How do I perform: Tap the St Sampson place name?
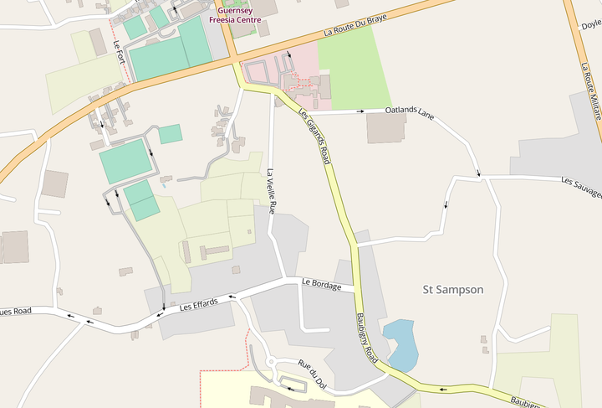pyautogui.click(x=452, y=290)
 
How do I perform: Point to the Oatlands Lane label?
pyautogui.click(x=411, y=111)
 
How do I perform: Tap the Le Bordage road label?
pyautogui.click(x=321, y=285)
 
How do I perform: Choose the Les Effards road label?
pyautogui.click(x=199, y=303)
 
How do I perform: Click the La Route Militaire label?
pyautogui.click(x=592, y=92)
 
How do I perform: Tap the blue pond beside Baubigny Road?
pyautogui.click(x=400, y=343)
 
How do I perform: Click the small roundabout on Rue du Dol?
pyautogui.click(x=270, y=364)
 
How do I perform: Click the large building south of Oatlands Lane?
pyautogui.click(x=385, y=127)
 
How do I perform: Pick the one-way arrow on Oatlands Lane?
pyautogui.click(x=362, y=110)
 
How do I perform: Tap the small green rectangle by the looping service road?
pyautogui.click(x=171, y=134)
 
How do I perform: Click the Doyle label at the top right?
pyautogui.click(x=591, y=26)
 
